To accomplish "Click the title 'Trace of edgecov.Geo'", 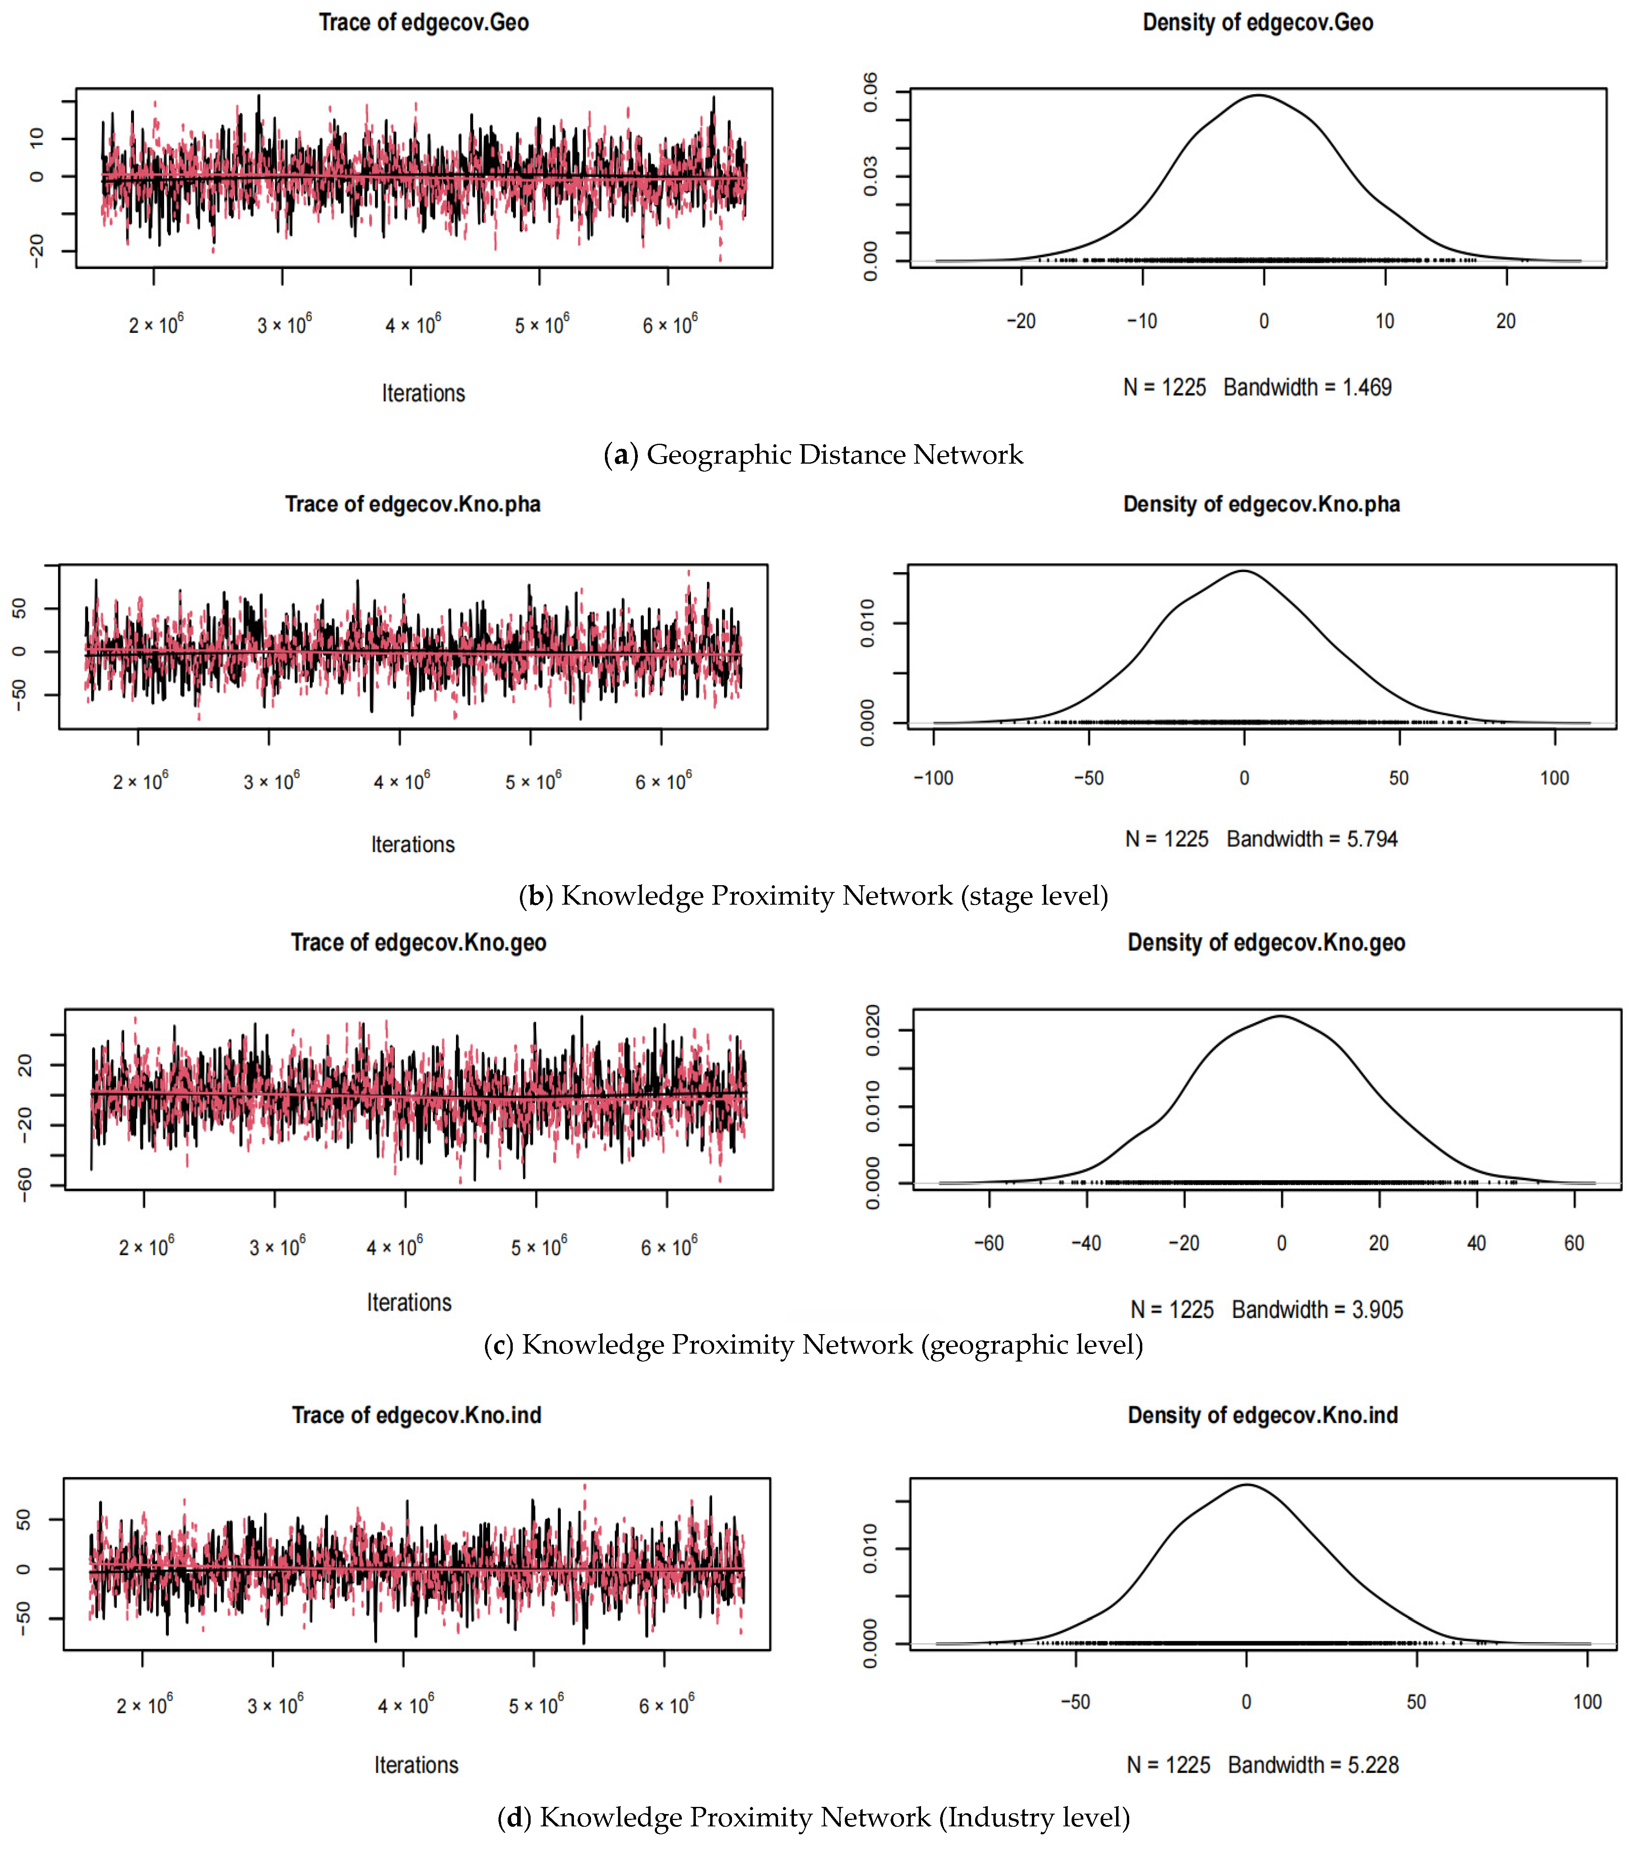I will coord(424,23).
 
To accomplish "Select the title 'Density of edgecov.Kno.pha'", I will coord(1261,505).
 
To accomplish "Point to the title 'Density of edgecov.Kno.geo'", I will coord(1266,943).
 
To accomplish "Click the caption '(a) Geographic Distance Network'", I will coord(813,455).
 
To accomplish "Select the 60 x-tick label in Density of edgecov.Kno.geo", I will coord(1574,1244).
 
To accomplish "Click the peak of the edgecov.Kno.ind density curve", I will coord(1247,1484).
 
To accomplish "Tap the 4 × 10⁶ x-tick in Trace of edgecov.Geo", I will coord(413,324).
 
